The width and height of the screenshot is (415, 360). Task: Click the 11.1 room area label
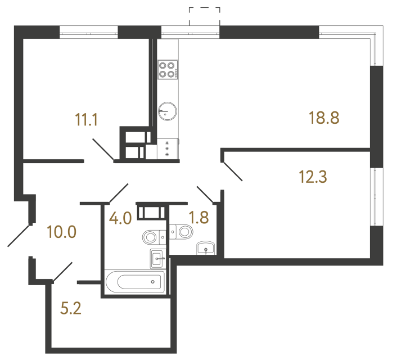(86, 119)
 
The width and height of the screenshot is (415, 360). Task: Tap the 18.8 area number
(325, 118)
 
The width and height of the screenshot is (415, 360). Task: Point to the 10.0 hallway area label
(62, 231)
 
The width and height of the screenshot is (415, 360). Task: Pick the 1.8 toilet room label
(199, 218)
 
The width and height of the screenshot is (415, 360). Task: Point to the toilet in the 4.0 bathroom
(152, 236)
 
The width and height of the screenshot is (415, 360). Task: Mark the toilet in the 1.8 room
(181, 231)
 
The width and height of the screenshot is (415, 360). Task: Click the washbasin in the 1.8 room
(206, 247)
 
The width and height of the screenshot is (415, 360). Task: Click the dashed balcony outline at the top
(205, 16)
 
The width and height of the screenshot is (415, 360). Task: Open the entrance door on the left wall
(19, 235)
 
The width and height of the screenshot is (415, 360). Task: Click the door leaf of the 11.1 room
(102, 149)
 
